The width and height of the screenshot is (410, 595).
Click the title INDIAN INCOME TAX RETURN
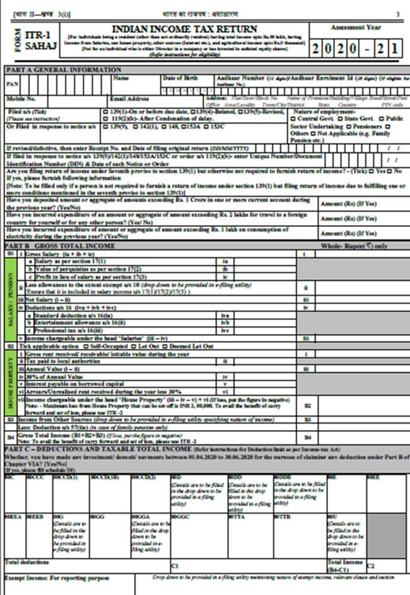[184, 29]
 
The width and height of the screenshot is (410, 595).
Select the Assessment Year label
[356, 28]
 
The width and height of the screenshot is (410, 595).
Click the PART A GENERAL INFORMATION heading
[62, 69]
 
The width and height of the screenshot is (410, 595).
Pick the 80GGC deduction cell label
[180, 516]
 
